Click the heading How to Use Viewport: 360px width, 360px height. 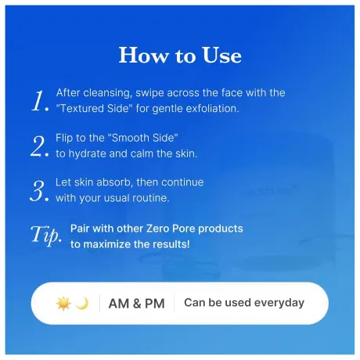(180, 56)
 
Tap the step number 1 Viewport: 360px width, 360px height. (40, 100)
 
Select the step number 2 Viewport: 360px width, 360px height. (40, 146)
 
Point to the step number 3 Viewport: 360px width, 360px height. (40, 190)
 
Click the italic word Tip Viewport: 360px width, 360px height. (44, 236)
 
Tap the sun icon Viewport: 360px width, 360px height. (63, 303)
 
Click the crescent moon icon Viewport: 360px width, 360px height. (82, 303)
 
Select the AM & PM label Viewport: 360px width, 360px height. (136, 304)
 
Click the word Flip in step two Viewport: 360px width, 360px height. (66, 138)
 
